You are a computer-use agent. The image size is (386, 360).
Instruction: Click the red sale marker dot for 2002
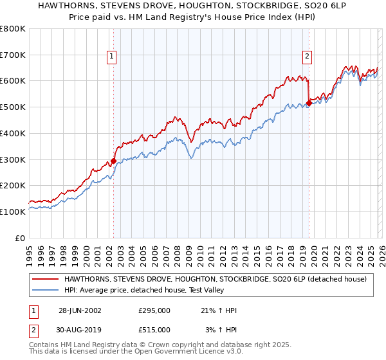(x=114, y=161)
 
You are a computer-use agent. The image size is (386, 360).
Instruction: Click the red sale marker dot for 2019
(x=309, y=103)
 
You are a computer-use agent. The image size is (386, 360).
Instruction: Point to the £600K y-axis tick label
(x=13, y=81)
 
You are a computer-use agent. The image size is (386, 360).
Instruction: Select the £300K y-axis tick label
(x=13, y=159)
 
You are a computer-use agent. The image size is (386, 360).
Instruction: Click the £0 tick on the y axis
(x=20, y=238)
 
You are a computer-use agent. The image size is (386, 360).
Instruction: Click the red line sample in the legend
(x=46, y=279)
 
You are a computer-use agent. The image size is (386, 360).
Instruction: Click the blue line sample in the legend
(x=46, y=289)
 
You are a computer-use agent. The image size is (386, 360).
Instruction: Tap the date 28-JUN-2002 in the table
(x=80, y=310)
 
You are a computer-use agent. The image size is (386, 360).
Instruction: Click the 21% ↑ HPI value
(x=219, y=310)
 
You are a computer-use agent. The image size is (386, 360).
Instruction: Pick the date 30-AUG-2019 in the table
(x=80, y=329)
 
